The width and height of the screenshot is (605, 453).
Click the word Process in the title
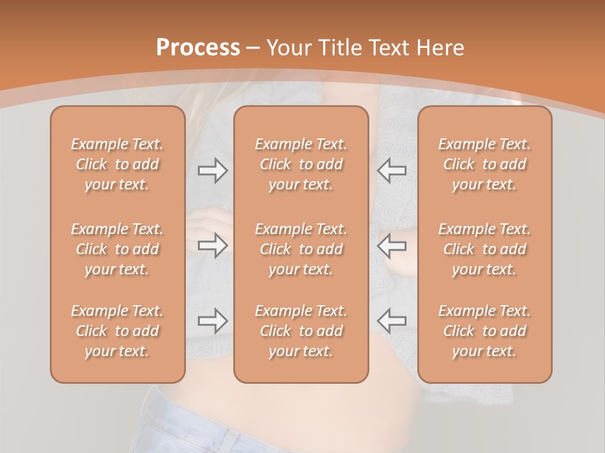(198, 48)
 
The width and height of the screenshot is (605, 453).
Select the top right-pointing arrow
(212, 171)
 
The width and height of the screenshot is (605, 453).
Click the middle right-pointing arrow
(212, 245)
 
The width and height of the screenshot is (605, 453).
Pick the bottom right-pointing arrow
(212, 321)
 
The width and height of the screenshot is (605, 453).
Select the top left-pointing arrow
(391, 171)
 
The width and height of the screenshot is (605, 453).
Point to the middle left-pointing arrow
(391, 245)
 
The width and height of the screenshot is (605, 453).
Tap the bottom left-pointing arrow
(391, 321)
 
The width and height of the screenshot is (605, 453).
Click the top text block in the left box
(117, 164)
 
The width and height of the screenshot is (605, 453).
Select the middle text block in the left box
(117, 249)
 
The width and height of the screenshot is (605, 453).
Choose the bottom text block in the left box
(117, 331)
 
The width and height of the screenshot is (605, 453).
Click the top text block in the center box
(301, 164)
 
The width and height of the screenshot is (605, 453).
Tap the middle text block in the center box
(301, 249)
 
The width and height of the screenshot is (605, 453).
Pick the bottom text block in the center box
(301, 331)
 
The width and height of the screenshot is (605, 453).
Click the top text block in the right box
(485, 164)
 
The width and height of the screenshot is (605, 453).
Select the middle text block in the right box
(485, 249)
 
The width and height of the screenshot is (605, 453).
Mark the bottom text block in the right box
(485, 331)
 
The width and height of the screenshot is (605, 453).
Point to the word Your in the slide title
(289, 48)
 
